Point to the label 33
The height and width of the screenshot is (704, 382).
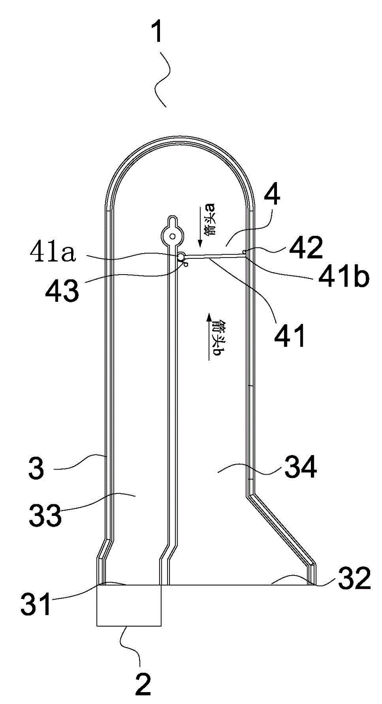click(45, 515)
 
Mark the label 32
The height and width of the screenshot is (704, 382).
click(354, 578)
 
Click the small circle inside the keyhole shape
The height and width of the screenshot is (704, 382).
click(172, 235)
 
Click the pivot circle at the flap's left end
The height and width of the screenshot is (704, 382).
click(181, 257)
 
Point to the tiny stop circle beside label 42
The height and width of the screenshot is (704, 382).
click(244, 251)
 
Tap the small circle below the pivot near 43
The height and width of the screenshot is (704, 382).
click(186, 265)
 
